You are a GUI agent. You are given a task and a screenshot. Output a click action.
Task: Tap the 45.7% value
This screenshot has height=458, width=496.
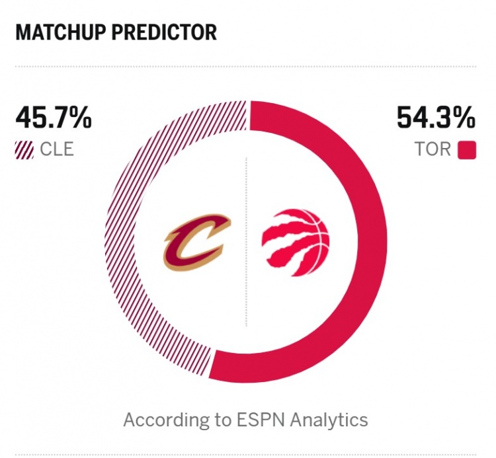click(53, 119)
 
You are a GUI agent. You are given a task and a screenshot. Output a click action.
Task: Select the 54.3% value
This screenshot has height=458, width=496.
click(436, 119)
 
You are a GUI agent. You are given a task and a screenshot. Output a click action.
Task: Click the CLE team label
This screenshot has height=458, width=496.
click(57, 149)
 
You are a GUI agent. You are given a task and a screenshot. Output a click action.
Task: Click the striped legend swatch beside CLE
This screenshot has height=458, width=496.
click(24, 149)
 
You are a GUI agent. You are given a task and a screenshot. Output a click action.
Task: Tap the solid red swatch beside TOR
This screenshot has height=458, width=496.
click(466, 149)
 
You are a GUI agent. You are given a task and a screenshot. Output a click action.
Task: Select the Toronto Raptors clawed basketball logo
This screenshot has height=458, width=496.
click(295, 242)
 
